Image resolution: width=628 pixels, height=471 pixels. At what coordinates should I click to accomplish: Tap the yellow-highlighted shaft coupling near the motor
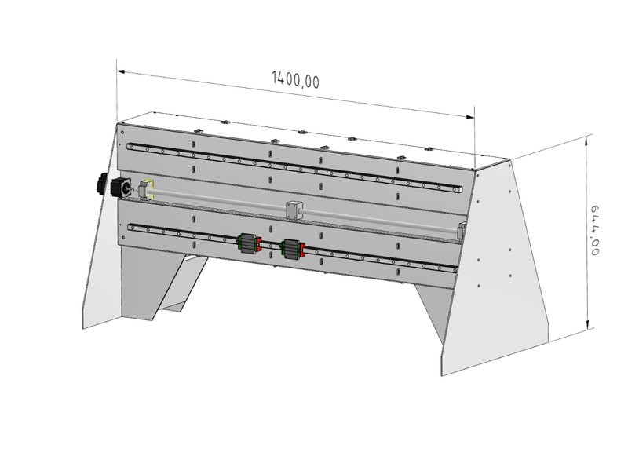(x=147, y=189)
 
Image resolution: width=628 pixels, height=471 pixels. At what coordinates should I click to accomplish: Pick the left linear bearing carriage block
(x=249, y=244)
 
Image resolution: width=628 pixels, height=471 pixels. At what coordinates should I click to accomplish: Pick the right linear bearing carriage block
(x=293, y=249)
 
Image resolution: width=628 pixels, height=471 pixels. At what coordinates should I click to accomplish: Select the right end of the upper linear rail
(x=461, y=190)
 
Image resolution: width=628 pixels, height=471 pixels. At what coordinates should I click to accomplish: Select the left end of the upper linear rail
(x=130, y=146)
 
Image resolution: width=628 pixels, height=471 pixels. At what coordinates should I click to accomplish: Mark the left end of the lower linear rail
(x=130, y=227)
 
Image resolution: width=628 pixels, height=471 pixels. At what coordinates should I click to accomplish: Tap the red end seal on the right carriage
(x=304, y=250)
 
